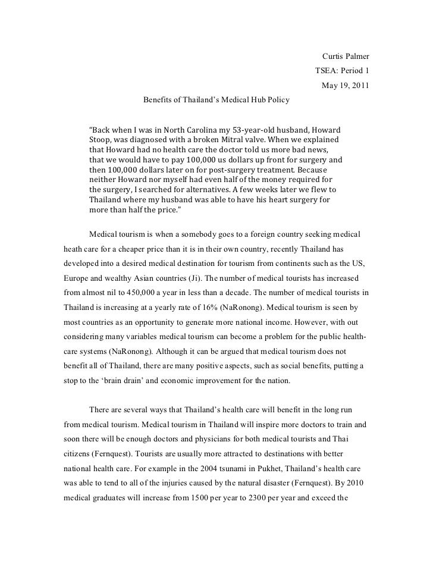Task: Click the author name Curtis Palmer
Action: [x=346, y=57]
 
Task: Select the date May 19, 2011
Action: [x=345, y=85]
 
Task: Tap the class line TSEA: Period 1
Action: [x=342, y=71]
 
